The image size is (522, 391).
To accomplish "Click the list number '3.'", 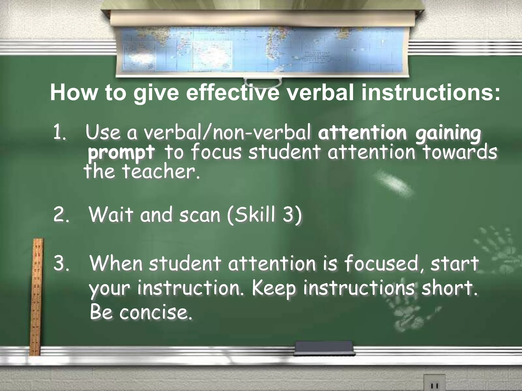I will [x=61, y=264].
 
